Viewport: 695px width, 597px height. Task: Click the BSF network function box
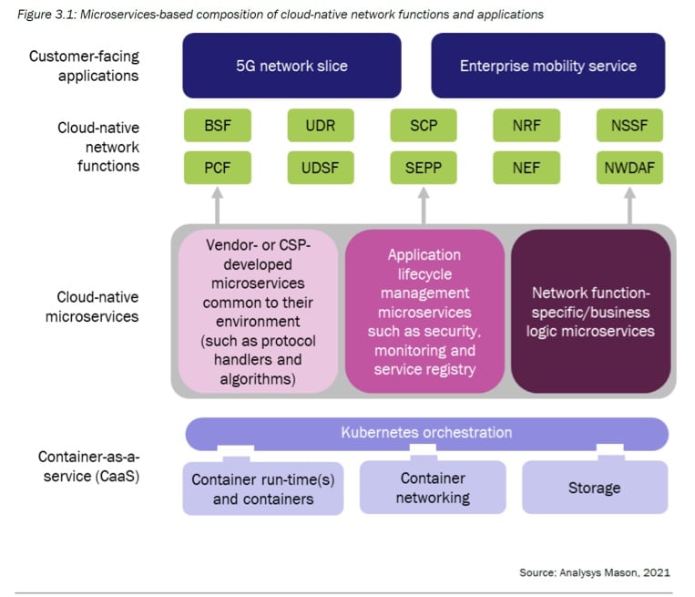[217, 126]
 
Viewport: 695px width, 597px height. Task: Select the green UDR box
[321, 126]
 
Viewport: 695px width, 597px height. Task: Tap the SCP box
[424, 126]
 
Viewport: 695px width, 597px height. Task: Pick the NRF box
[526, 126]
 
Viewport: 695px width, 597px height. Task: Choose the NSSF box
[629, 126]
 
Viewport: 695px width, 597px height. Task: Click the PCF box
[217, 168]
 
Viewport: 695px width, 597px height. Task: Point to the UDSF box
[321, 168]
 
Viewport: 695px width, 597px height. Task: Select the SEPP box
[424, 168]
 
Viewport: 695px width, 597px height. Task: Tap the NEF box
[526, 168]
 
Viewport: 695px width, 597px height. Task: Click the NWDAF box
[629, 168]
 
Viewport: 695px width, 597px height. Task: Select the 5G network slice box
[291, 66]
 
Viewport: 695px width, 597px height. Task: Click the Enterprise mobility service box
[547, 66]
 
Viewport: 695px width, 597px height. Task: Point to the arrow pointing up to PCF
[217, 206]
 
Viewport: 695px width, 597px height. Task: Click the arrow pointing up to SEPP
[424, 206]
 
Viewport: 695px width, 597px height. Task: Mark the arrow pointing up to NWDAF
[629, 206]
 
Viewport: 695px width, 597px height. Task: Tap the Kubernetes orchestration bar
[427, 433]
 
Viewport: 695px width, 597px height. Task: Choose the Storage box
[595, 488]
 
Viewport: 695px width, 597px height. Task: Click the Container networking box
[433, 488]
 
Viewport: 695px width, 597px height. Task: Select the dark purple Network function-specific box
[591, 312]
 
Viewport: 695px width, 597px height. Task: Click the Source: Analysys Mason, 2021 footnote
[595, 572]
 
